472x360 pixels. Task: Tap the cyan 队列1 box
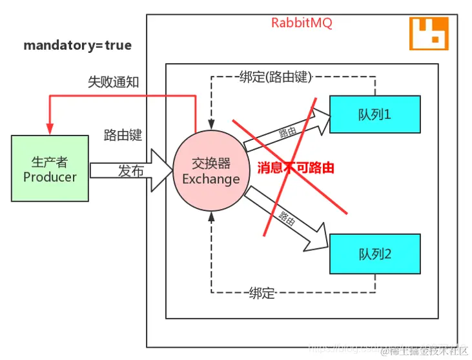[375, 114]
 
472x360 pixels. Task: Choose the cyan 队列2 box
[375, 254]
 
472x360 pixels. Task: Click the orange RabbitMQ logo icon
[429, 34]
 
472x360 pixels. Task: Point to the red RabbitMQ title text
[302, 23]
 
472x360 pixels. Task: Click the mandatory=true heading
[77, 46]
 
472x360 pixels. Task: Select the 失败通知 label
[113, 82]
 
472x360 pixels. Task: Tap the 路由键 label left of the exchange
[123, 135]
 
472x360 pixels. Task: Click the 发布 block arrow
[129, 171]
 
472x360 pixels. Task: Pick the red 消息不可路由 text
[296, 168]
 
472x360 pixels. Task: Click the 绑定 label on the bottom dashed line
[262, 293]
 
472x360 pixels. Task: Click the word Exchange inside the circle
[210, 179]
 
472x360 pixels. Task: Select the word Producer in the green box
[50, 177]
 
